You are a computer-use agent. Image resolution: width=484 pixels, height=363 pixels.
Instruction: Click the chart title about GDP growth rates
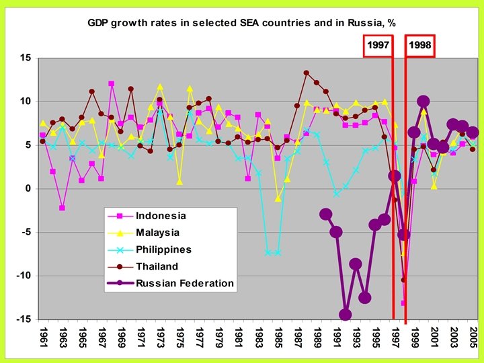241,22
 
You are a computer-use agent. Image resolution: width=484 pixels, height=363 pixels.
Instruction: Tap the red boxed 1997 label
378,46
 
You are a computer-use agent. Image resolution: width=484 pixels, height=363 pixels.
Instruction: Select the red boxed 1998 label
420,46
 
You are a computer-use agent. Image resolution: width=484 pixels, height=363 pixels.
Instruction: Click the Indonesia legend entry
160,216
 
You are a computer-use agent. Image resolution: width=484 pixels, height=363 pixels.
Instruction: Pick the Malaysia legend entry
158,233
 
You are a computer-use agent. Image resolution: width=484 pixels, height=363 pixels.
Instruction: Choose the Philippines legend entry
163,249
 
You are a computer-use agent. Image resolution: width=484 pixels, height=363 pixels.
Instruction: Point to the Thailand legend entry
157,266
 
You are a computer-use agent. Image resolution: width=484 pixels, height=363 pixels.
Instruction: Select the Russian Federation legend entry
185,283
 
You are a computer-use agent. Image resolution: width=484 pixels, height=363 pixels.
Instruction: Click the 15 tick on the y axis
25,58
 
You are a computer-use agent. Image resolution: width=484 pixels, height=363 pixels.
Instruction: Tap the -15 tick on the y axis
23,319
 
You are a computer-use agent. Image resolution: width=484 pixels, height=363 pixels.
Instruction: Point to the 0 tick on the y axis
28,189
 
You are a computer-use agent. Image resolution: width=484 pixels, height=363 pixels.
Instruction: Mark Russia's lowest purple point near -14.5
346,315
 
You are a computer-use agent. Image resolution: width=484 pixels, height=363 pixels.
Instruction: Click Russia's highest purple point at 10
424,102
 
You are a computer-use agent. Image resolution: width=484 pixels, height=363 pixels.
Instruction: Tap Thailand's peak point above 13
307,73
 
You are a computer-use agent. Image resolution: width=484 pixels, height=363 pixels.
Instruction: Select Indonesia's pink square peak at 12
111,84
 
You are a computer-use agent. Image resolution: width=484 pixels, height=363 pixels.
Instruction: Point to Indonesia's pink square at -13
404,303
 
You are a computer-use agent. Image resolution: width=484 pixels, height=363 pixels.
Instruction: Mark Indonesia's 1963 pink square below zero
63,208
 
